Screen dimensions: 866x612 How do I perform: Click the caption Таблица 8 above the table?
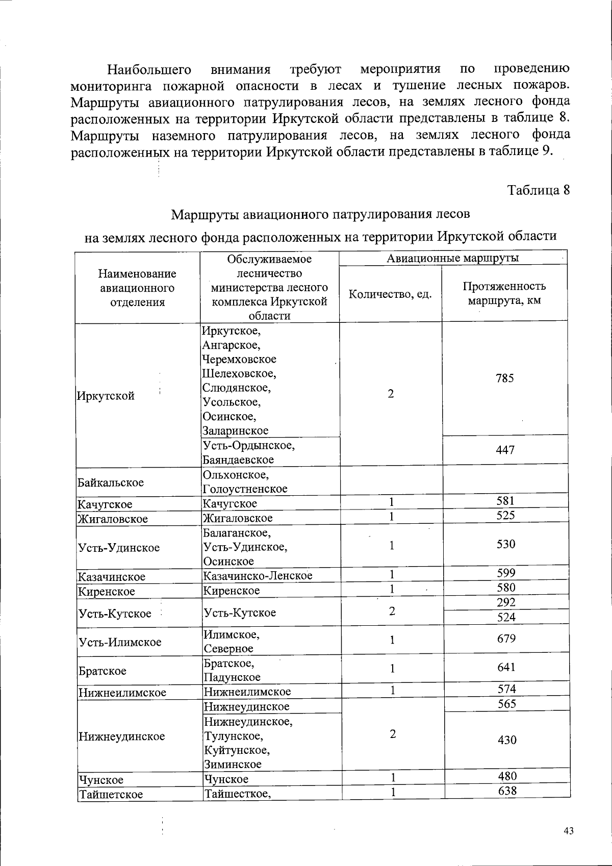[538, 190]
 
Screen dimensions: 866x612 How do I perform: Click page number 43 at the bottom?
[569, 831]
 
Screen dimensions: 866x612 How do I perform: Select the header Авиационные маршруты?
[452, 258]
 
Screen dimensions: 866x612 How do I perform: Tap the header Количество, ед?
[390, 294]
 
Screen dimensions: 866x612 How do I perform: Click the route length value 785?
[504, 378]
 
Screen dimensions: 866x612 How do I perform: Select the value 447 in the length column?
[505, 450]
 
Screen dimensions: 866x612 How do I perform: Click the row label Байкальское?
[111, 482]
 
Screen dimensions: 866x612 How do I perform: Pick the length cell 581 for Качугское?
[505, 500]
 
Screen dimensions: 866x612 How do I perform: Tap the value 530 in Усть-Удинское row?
[506, 544]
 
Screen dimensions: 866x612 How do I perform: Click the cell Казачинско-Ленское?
[258, 576]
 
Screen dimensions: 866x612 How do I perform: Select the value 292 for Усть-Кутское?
[506, 602]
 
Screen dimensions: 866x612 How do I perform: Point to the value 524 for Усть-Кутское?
[506, 617]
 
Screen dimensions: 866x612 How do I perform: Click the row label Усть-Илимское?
[120, 642]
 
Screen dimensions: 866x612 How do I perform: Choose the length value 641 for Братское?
[506, 667]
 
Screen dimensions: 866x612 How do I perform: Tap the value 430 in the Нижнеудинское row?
[507, 740]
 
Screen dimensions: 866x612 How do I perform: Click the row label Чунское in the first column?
[101, 780]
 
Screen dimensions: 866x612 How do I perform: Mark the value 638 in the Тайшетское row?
[507, 791]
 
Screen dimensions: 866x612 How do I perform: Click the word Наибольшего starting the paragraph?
[149, 69]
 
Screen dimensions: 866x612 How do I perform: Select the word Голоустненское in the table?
[245, 489]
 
